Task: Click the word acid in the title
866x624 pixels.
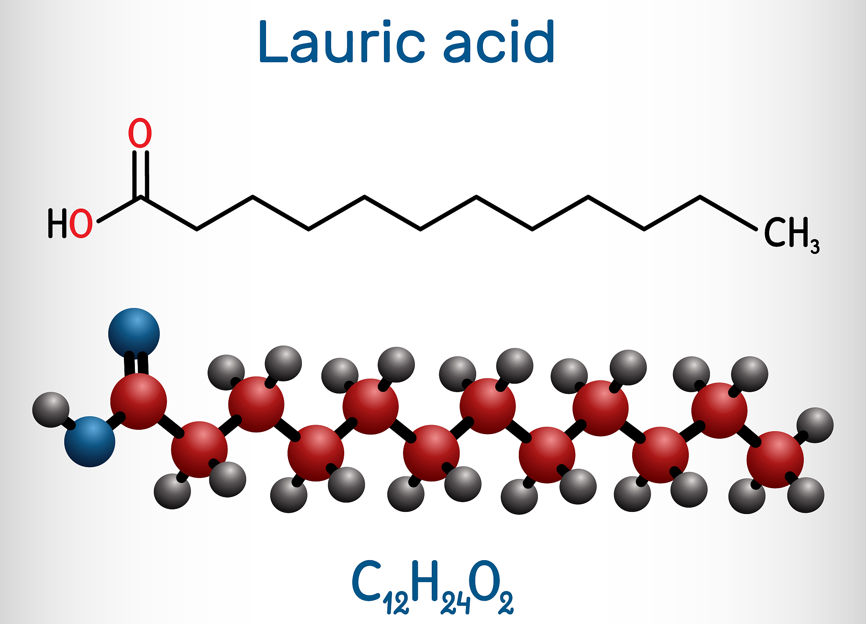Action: click(x=499, y=42)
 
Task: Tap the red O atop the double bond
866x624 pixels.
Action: click(x=140, y=133)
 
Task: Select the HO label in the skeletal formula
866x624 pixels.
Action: click(x=70, y=223)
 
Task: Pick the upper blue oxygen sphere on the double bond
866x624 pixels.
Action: click(x=134, y=333)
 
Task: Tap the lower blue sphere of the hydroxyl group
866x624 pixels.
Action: click(x=90, y=442)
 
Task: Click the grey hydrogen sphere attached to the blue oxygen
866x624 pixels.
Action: click(x=51, y=410)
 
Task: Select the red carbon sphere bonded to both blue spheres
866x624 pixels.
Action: click(x=139, y=401)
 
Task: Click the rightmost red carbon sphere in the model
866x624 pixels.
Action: click(x=775, y=460)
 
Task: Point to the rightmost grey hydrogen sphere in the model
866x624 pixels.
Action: click(x=815, y=425)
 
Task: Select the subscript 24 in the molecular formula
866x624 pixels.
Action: click(x=455, y=602)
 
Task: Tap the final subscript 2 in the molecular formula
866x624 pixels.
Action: click(x=506, y=602)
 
